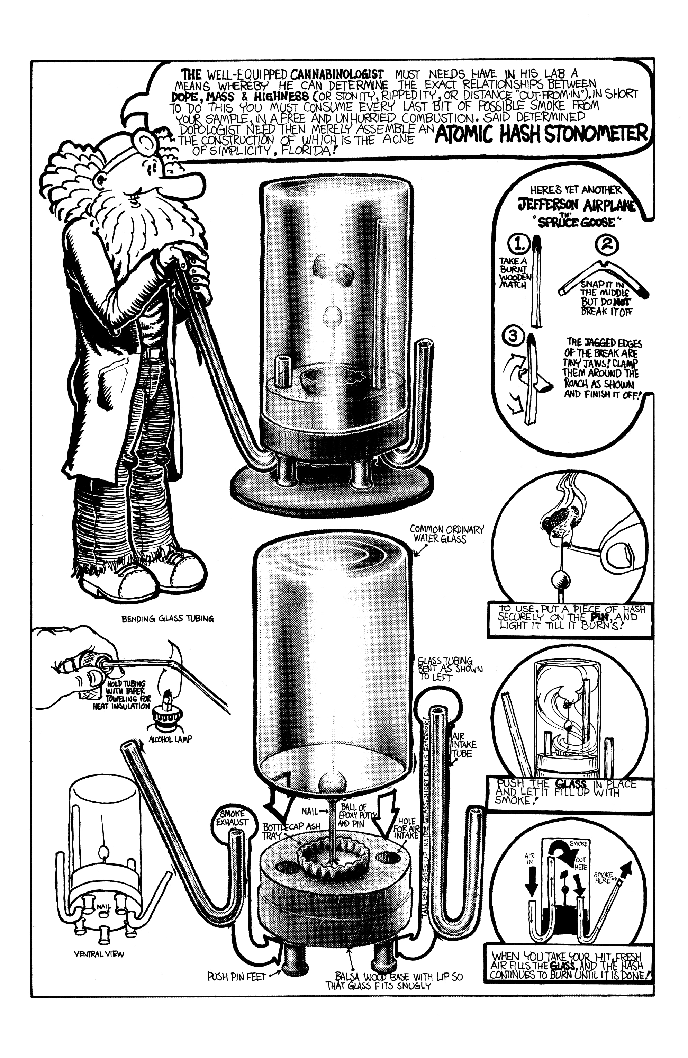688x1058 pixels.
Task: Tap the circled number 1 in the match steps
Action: (517, 244)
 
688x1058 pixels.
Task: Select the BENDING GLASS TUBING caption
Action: (168, 618)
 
